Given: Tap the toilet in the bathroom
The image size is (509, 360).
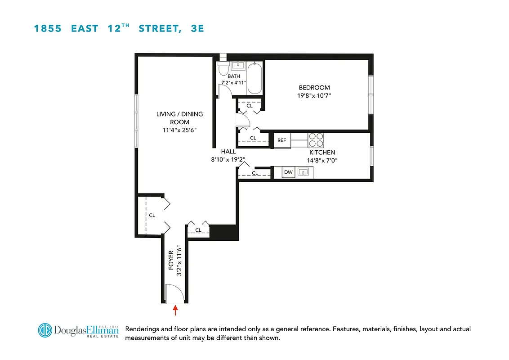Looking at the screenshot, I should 223,69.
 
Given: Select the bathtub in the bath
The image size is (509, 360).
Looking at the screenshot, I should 254,78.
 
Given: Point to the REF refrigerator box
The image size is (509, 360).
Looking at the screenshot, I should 281,140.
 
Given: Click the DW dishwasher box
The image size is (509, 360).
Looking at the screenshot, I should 288,172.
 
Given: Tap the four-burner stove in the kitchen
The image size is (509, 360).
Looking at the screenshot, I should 316,140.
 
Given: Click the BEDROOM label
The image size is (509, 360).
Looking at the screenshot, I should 314,88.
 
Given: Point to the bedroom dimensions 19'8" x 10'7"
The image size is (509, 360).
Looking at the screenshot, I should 314,95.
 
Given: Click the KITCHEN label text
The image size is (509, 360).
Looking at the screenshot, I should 322,153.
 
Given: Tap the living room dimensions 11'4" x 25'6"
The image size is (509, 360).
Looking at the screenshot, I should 179,130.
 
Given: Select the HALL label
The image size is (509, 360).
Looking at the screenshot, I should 228,152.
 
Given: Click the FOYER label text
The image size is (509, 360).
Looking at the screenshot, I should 171,262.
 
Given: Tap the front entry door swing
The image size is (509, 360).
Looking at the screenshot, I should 174,293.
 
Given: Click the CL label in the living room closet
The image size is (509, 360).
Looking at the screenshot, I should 152,215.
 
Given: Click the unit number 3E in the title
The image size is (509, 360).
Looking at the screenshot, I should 198,28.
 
